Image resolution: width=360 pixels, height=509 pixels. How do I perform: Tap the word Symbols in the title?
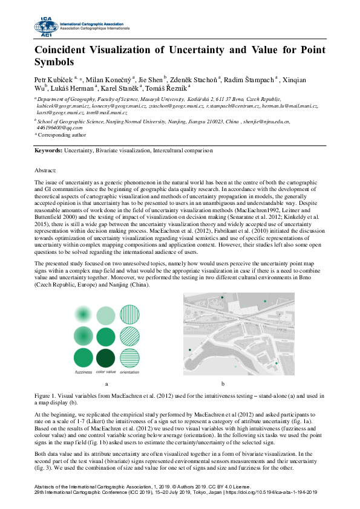pos(54,62)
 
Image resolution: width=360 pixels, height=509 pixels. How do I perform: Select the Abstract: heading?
pos(45,172)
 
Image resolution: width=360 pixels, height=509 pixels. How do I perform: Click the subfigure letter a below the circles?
pos(106,384)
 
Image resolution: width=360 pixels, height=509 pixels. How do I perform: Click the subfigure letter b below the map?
pos(223,384)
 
